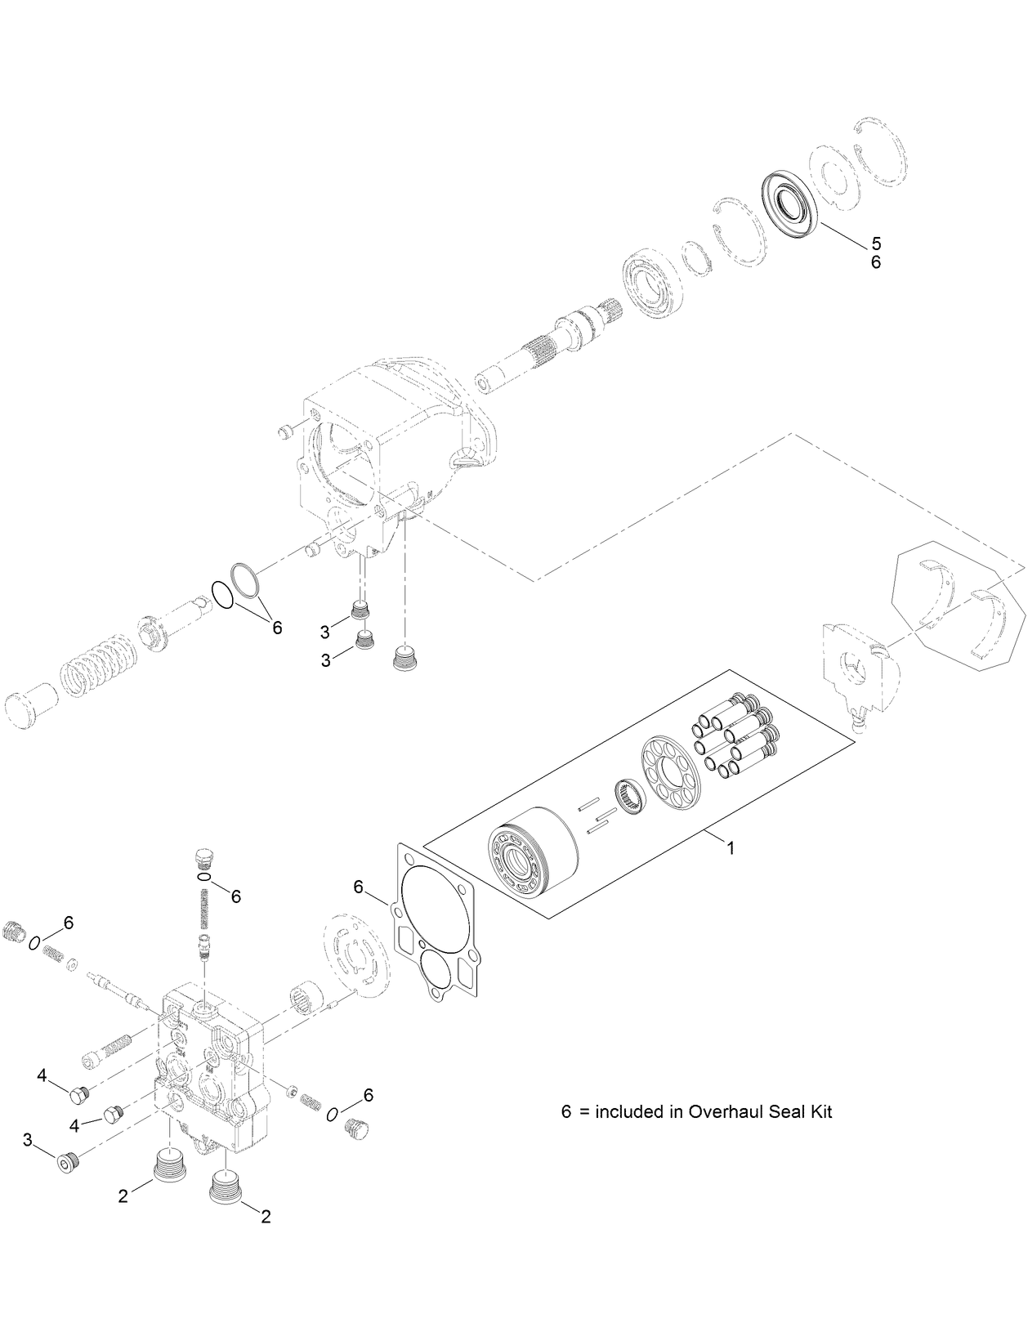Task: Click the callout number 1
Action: coord(731,848)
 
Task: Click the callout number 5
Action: coord(876,244)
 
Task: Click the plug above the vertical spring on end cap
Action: coord(206,860)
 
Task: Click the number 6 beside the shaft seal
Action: coord(876,263)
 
